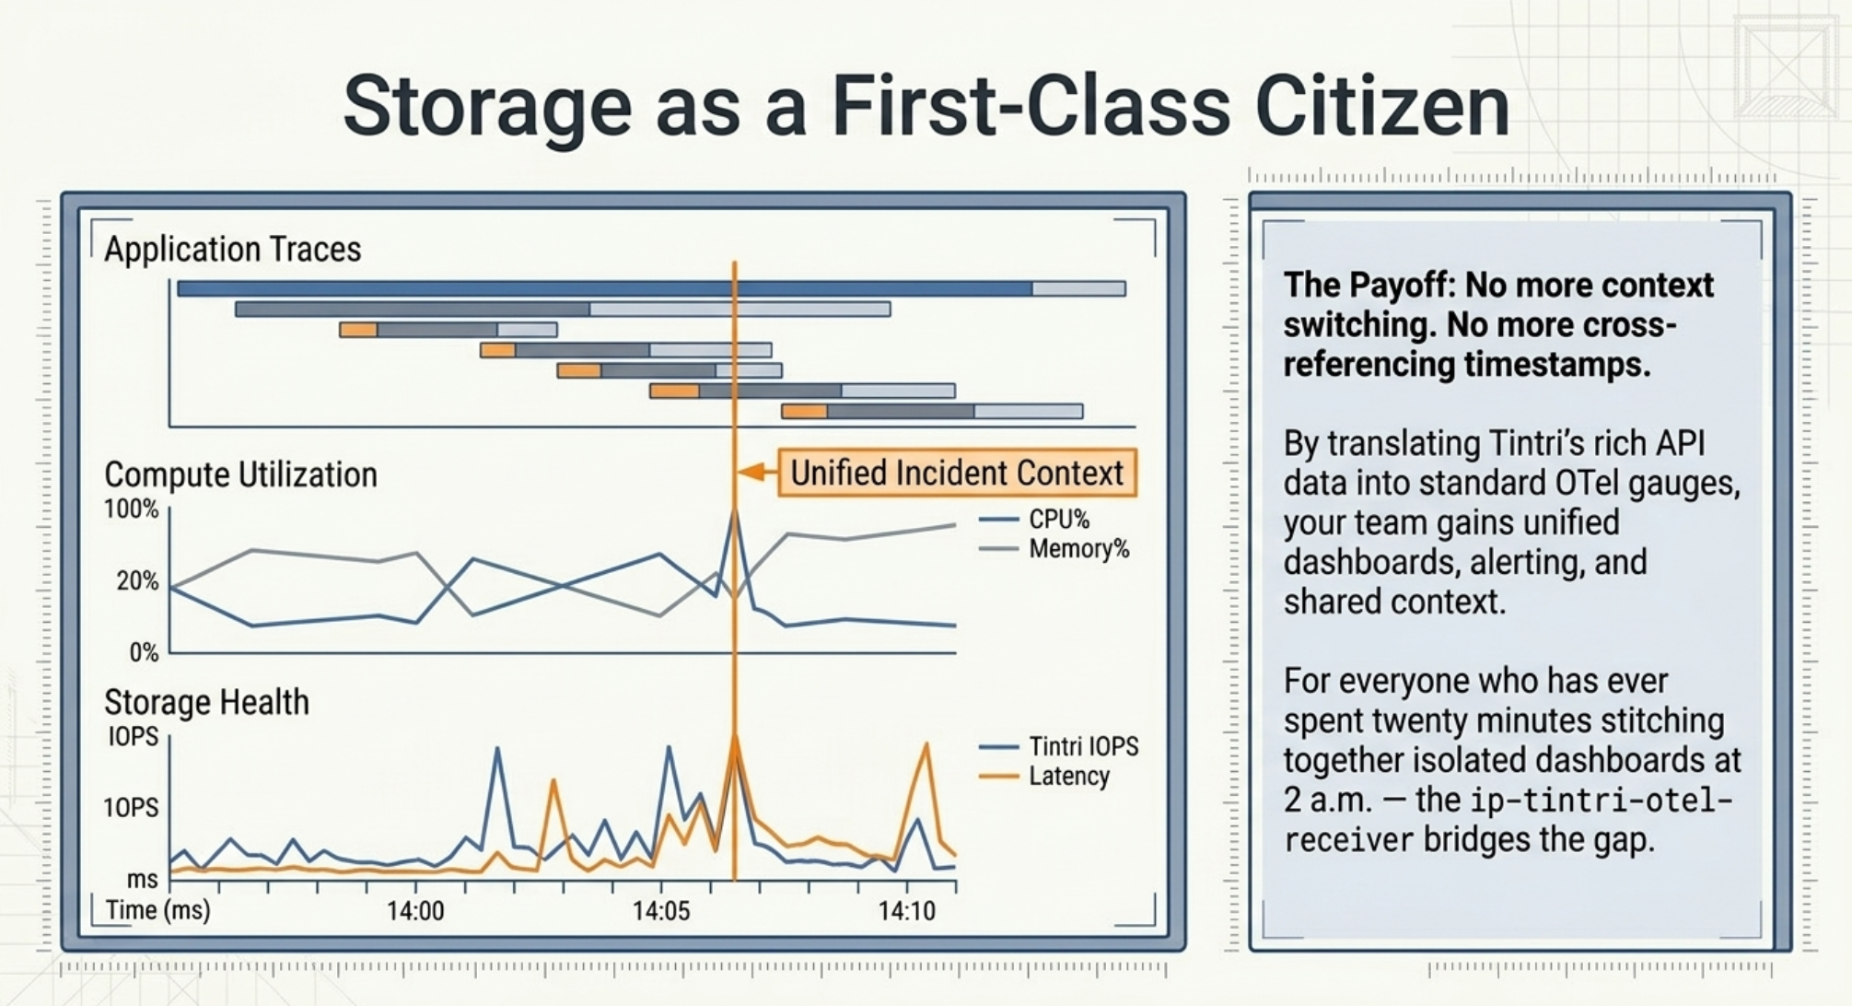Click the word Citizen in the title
pos(1381,107)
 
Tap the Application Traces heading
pos(232,250)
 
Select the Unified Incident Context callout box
pos(957,473)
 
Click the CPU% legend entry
pos(1058,520)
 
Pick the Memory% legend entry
pos(1078,549)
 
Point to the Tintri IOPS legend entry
pos(1083,746)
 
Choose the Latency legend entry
pos(1068,776)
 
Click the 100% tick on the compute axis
pos(131,509)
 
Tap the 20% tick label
pos(136,581)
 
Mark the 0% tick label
pos(144,653)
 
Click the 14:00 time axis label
pos(415,911)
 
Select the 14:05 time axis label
pos(661,911)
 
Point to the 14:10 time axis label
pos(907,911)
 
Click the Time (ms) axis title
pos(157,910)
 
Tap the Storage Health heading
pos(206,703)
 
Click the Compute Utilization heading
pos(240,475)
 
